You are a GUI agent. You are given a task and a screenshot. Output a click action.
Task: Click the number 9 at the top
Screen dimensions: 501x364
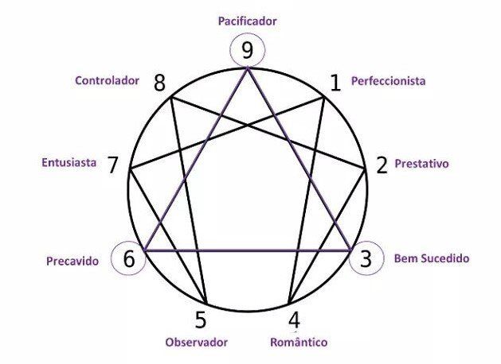click(248, 52)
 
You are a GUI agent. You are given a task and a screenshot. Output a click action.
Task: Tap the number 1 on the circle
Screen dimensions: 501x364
click(335, 82)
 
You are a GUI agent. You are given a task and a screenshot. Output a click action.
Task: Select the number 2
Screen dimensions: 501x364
click(382, 165)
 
